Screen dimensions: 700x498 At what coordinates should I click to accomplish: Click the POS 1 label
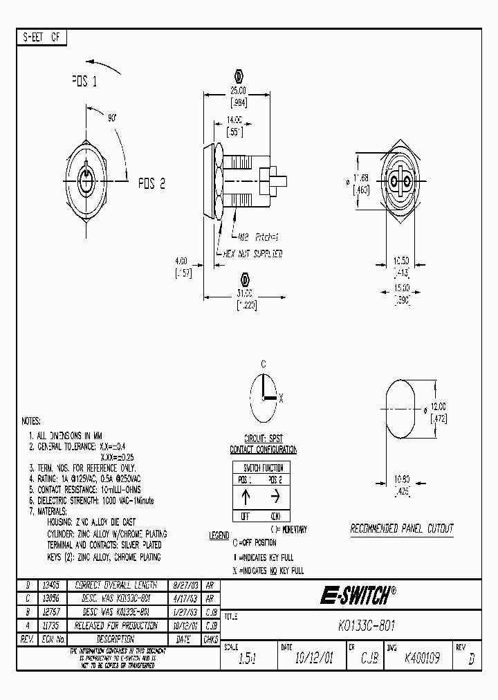84,82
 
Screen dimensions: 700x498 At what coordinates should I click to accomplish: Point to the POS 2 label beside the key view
151,183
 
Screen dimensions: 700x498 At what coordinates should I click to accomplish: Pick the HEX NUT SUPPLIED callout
253,254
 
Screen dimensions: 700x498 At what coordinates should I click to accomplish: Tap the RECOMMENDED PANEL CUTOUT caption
401,528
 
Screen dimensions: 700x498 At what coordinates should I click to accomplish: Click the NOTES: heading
32,421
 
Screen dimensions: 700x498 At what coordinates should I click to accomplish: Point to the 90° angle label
113,118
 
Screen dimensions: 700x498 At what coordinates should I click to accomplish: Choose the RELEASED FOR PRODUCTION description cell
116,625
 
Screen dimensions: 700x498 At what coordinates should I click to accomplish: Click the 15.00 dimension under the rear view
402,288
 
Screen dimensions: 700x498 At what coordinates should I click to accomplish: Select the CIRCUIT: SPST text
263,439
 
